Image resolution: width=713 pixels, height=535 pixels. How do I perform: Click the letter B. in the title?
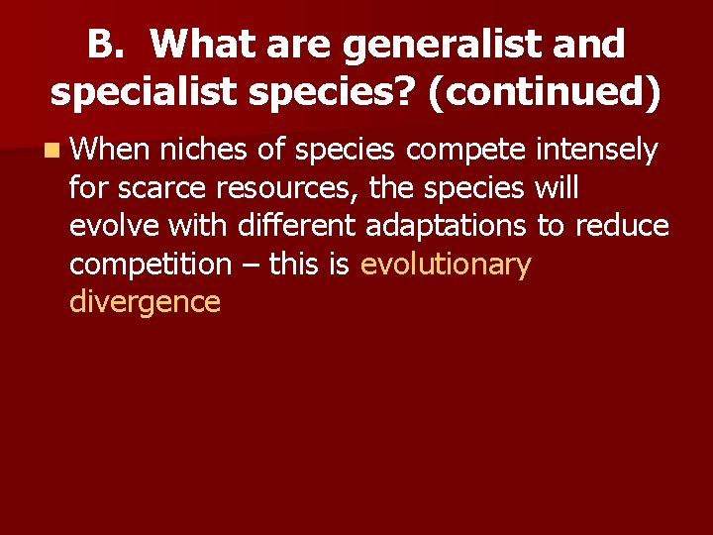104,45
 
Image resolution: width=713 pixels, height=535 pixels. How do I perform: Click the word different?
298,226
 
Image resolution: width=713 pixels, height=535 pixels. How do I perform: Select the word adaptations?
446,226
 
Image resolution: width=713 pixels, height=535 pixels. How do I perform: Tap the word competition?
150,265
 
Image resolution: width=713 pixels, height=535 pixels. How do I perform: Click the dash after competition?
249,265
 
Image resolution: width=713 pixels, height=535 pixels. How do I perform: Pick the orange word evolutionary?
447,265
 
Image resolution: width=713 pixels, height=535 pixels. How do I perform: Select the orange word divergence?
145,302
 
